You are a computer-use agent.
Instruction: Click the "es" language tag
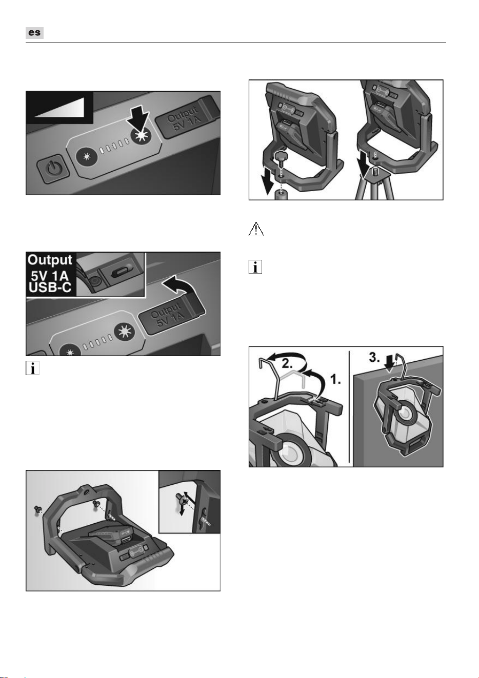pyautogui.click(x=34, y=33)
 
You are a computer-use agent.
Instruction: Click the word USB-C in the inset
pyautogui.click(x=50, y=287)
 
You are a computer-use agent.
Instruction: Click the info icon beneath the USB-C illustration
pyautogui.click(x=32, y=368)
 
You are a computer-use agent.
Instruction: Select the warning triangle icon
pyautogui.click(x=256, y=229)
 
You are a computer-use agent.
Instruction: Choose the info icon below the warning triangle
pyautogui.click(x=255, y=266)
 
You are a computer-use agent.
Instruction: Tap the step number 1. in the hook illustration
pyautogui.click(x=335, y=380)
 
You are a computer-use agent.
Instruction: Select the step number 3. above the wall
pyautogui.click(x=374, y=358)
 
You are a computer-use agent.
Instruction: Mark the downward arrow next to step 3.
pyautogui.click(x=390, y=363)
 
